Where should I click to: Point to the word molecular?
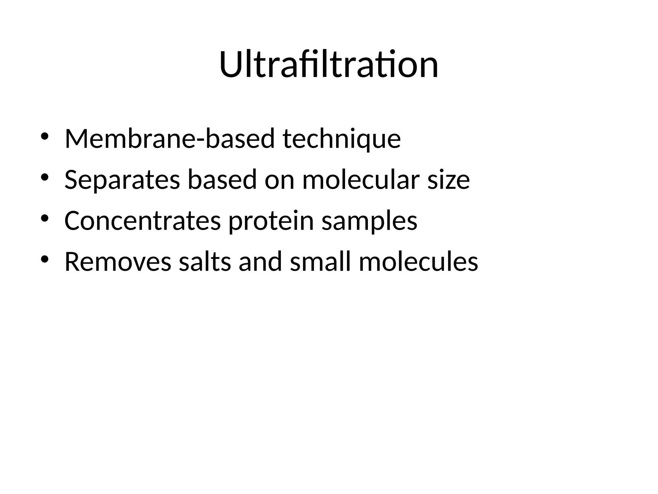pos(361,179)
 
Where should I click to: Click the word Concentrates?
pos(143,221)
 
